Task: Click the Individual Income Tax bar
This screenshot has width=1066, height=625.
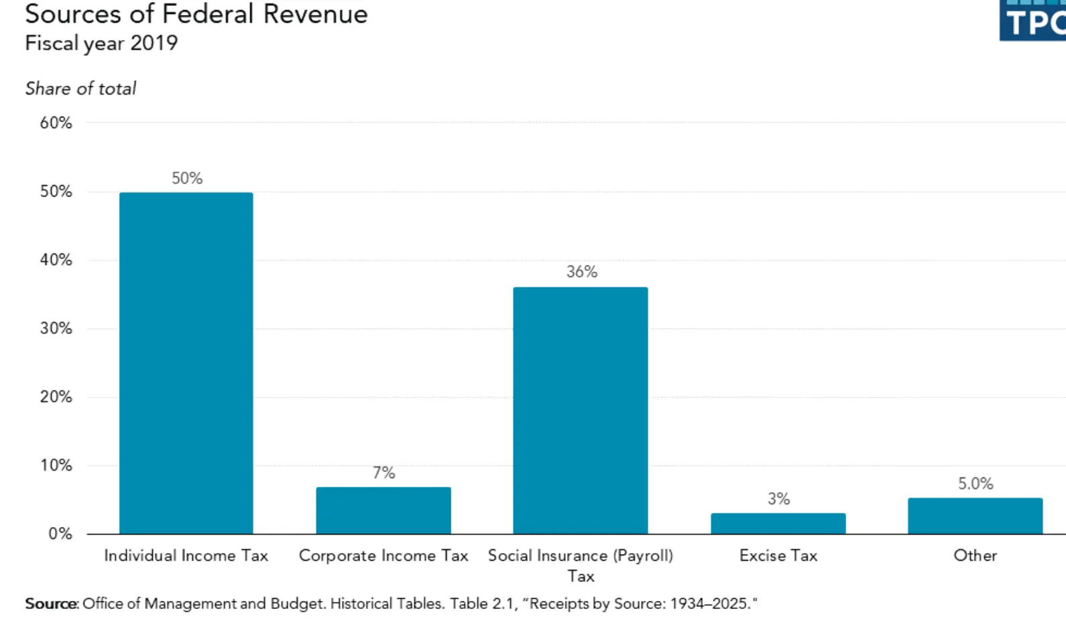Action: (186, 363)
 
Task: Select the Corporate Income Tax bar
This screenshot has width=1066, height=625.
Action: (383, 510)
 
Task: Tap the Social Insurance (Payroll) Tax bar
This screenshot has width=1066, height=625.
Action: (581, 410)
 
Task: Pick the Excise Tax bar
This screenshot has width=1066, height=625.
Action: (778, 523)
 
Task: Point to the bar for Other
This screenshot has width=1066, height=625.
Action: (975, 516)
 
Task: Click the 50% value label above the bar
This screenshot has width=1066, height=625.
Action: (187, 178)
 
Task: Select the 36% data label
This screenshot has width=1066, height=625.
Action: (581, 272)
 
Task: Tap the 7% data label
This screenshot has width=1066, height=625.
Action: (384, 473)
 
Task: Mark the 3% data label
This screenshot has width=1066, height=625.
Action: (778, 499)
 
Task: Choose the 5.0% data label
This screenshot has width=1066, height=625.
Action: (975, 484)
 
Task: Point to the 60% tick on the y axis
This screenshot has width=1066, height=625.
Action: (56, 123)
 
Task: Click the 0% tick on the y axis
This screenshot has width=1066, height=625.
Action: (60, 534)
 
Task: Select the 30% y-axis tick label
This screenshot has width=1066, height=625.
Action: (56, 329)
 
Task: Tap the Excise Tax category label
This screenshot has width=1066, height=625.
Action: (778, 555)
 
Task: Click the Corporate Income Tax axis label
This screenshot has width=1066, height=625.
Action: (383, 555)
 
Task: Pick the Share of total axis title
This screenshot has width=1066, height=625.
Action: (80, 89)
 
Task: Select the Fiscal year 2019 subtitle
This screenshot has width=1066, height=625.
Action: (101, 43)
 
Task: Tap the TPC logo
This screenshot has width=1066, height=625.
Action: (1033, 21)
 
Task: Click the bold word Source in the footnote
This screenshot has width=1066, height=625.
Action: (51, 604)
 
